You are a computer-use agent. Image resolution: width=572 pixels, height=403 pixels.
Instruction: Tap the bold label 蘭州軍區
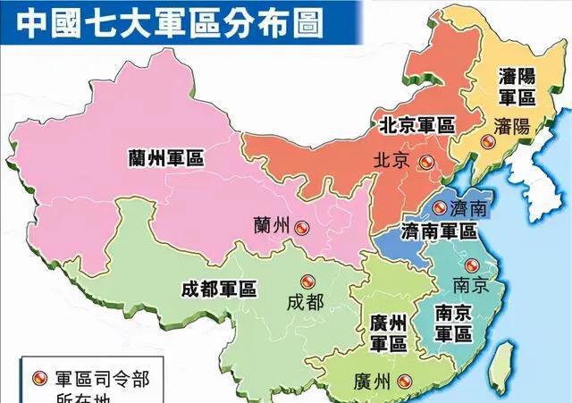[x=165, y=157]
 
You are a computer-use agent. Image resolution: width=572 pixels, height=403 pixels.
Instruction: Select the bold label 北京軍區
[x=416, y=124]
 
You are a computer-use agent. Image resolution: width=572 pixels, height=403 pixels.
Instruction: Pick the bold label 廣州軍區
[x=387, y=332]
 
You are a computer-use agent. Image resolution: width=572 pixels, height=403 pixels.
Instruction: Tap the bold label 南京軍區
[x=453, y=323]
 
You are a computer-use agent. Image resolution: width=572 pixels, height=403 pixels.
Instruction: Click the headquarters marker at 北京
[x=426, y=162]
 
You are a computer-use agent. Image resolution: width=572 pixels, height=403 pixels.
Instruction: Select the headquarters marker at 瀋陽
[x=487, y=142]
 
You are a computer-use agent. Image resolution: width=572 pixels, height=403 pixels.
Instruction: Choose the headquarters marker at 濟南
[x=439, y=207]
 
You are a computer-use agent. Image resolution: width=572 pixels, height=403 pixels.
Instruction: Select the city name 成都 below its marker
[x=304, y=302]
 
